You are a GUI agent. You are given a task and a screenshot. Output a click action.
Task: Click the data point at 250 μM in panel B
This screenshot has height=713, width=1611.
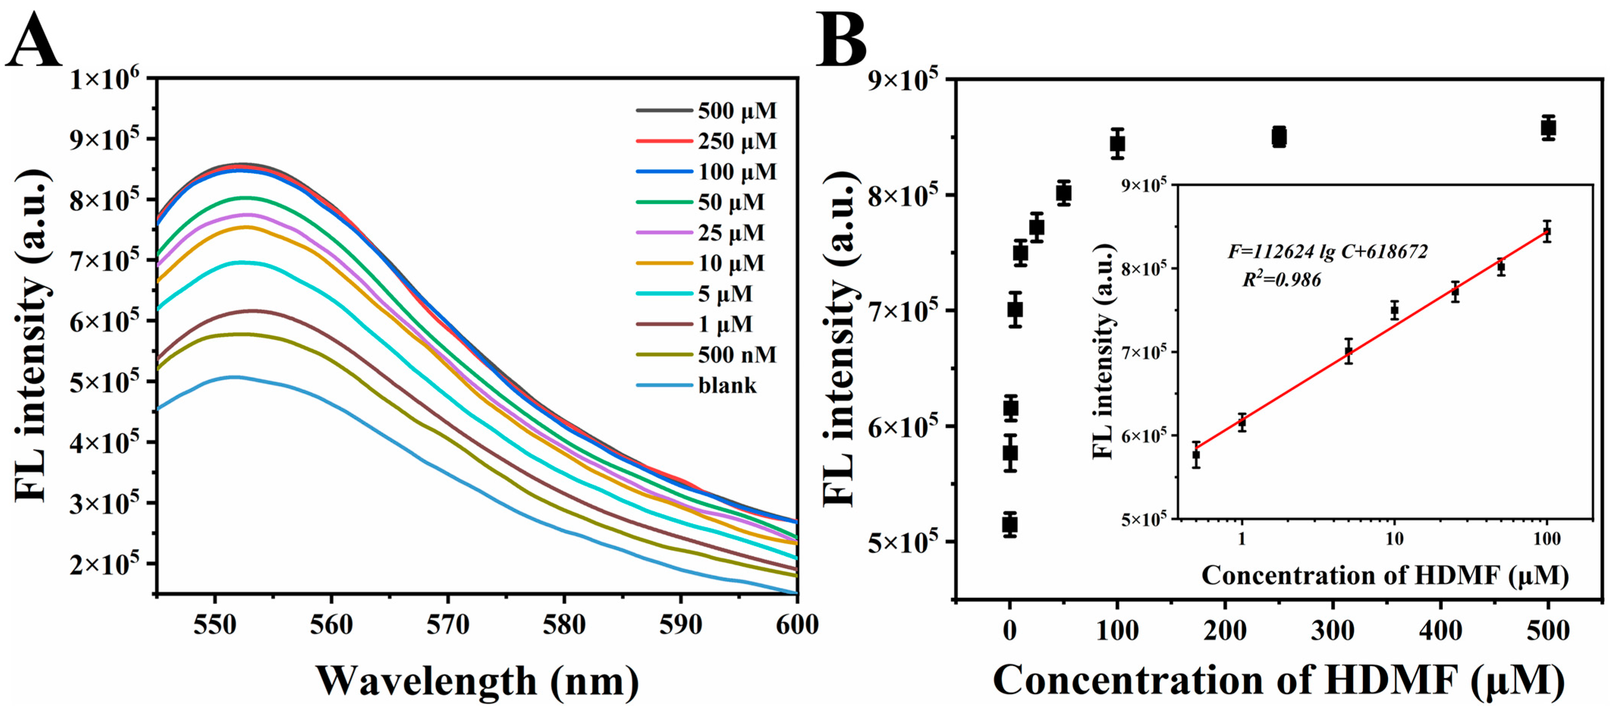pos(1279,137)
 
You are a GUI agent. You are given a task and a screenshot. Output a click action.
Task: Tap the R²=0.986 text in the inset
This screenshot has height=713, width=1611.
pos(1282,280)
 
